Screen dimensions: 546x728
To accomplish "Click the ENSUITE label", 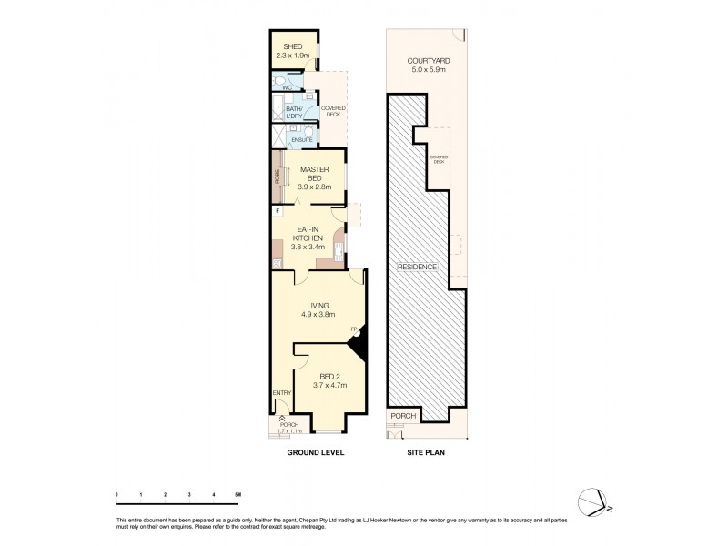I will coord(302,140).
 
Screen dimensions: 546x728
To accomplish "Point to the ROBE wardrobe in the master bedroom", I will coord(277,178).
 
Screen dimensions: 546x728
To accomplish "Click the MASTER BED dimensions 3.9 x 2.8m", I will coord(314,187).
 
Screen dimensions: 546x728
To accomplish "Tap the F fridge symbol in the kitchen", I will coord(277,211).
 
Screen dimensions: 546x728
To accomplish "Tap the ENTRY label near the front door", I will coord(281,392).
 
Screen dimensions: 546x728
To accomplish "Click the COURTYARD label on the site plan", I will coord(426,64).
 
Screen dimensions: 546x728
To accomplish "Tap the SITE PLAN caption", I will coord(424,451).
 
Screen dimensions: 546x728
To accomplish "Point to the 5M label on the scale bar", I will coord(237,494).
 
